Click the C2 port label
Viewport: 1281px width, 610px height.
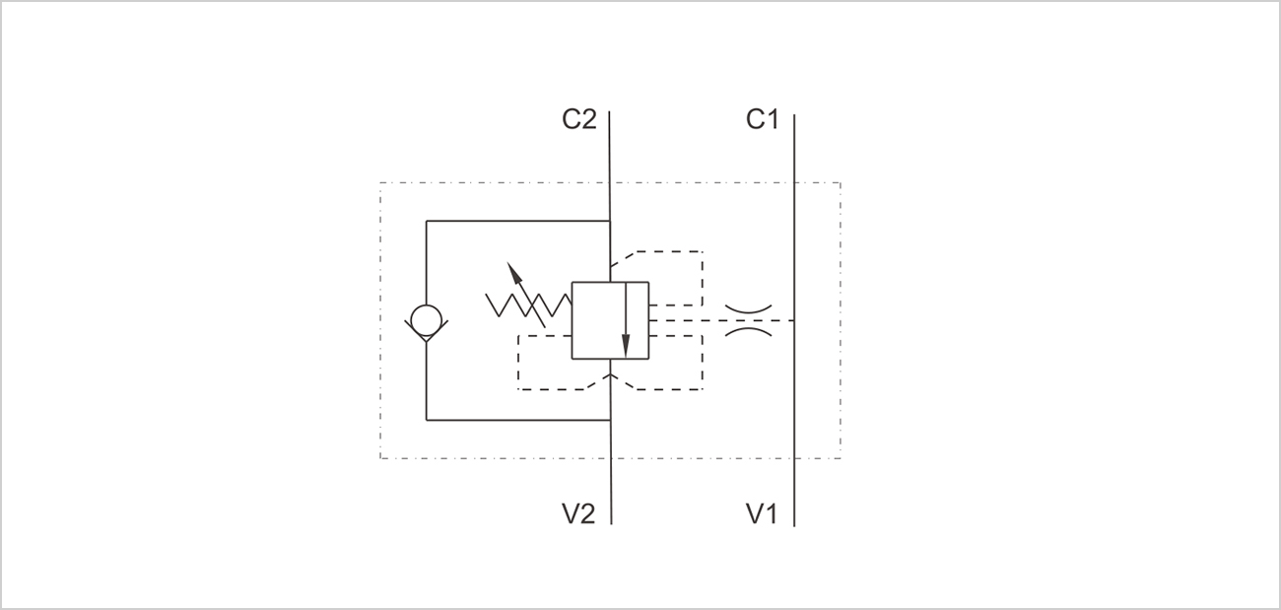point(578,119)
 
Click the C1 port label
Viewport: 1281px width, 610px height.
point(763,119)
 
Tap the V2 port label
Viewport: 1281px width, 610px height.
point(578,513)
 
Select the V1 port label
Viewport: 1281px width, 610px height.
point(762,513)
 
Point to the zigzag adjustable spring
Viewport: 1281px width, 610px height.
point(528,305)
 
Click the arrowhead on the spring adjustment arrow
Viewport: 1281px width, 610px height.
point(514,272)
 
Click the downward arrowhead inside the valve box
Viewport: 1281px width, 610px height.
point(626,345)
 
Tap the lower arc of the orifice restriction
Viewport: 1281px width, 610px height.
point(748,331)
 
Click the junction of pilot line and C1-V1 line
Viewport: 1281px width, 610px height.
point(794,320)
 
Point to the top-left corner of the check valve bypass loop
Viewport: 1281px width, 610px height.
point(426,221)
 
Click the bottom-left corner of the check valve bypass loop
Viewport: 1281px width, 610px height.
point(426,420)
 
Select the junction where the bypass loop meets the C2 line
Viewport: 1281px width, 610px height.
point(610,221)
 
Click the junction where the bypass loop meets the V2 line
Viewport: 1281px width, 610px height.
point(611,420)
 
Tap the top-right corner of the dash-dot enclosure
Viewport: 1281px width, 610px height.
point(841,183)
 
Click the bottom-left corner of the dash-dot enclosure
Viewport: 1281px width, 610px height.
point(380,458)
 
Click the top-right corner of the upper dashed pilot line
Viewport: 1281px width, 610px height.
point(703,251)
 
